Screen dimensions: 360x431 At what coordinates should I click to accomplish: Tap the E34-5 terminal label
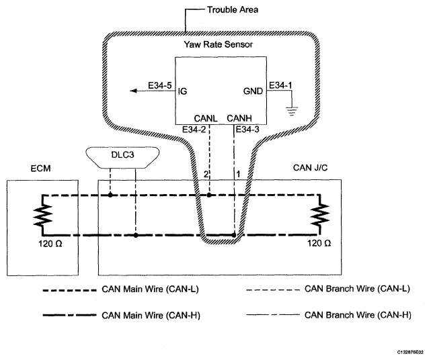[159, 86]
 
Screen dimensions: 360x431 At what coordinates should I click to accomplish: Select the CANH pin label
[240, 118]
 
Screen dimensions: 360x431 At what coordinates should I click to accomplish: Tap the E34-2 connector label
[194, 129]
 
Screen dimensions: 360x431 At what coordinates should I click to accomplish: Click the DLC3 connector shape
[123, 156]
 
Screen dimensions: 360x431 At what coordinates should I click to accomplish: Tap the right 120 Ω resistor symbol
[318, 216]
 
